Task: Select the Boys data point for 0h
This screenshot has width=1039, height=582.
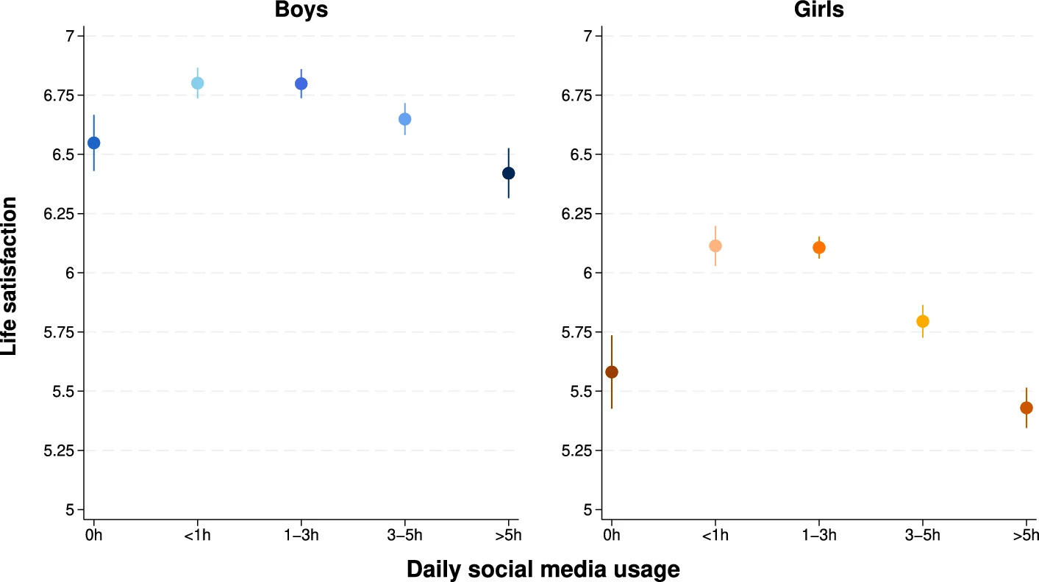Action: pos(93,143)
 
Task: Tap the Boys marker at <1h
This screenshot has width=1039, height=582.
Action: pos(197,83)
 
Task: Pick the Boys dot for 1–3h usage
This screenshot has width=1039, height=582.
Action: pos(301,84)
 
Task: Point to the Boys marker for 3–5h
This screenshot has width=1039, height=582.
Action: pos(404,119)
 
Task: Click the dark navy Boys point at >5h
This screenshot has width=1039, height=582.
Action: pos(508,173)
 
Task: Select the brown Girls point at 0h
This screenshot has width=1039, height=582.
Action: pos(612,372)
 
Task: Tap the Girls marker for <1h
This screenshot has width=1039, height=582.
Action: pos(715,245)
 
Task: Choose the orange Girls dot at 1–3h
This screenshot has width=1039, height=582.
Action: pos(819,248)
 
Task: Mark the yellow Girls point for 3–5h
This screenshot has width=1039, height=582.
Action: pos(923,321)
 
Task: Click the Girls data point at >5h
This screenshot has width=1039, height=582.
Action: pos(1026,408)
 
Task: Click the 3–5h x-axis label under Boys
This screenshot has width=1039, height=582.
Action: pos(404,534)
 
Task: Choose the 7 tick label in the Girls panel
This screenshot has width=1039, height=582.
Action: pos(577,36)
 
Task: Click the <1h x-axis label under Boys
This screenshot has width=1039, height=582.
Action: pos(197,534)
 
